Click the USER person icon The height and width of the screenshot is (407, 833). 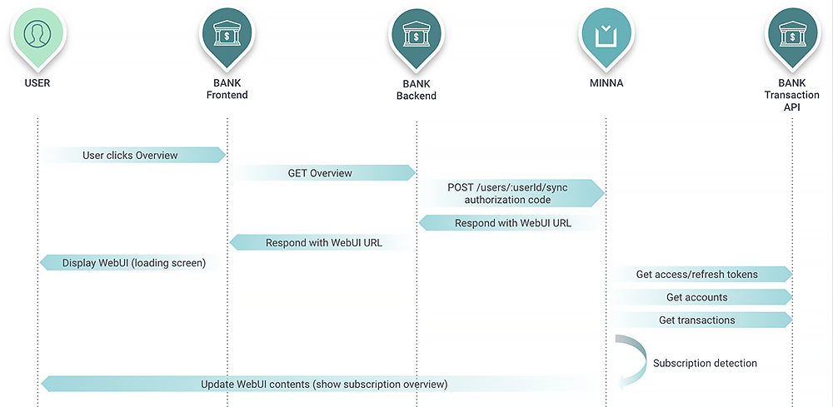pos(37,34)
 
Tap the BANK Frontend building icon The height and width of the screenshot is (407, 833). pos(227,34)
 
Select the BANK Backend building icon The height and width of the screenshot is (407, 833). pos(416,34)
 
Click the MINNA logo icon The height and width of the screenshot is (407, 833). pos(605,34)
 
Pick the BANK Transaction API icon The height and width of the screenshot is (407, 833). pos(791,34)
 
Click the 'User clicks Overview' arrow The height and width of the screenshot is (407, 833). pos(133,155)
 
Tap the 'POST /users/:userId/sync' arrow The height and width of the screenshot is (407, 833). pos(511,193)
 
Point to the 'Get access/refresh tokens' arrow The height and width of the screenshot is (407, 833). pos(700,274)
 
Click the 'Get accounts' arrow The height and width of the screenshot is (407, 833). pos(700,297)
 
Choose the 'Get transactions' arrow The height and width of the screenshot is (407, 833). pos(700,320)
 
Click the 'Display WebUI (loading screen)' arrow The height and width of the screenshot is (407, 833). pos(133,263)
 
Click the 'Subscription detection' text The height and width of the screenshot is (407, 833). pos(705,363)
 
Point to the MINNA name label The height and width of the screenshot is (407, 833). pos(605,83)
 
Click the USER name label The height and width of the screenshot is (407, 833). pos(37,83)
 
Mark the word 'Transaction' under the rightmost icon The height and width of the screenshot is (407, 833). pos(791,96)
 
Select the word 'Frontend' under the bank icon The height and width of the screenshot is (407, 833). pos(227,95)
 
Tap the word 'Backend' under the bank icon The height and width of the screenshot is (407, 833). pos(416,96)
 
